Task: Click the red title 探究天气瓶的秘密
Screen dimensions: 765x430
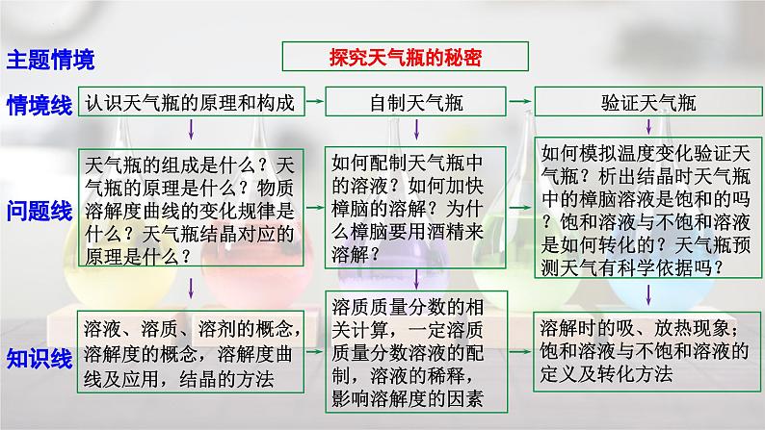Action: pyautogui.click(x=405, y=57)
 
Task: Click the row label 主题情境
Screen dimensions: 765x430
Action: pyautogui.click(x=51, y=61)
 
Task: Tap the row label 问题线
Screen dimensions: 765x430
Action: pyautogui.click(x=40, y=210)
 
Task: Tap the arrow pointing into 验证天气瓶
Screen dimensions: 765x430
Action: pyautogui.click(x=520, y=100)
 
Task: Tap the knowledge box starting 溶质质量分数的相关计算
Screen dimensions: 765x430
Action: pyautogui.click(x=415, y=356)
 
